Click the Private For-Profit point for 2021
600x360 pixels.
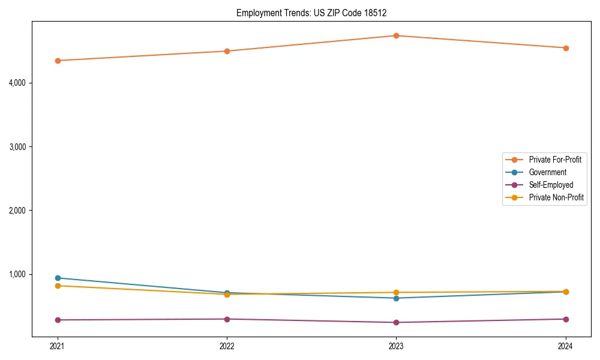[x=58, y=61]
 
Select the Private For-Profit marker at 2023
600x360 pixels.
[x=396, y=35]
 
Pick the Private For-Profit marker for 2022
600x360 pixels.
[x=227, y=51]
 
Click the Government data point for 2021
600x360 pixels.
[x=58, y=278]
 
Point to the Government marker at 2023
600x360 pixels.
[x=396, y=298]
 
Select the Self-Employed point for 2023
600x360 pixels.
[x=396, y=322]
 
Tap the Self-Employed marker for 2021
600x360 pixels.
[x=58, y=320]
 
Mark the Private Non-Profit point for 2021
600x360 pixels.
[x=58, y=286]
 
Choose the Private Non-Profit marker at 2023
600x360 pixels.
[x=396, y=292]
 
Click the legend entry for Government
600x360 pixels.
[x=547, y=172]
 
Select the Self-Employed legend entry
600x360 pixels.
[x=551, y=185]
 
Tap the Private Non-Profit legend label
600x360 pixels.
[x=556, y=197]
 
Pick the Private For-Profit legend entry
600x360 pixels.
[x=555, y=160]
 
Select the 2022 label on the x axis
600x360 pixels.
[x=227, y=346]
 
